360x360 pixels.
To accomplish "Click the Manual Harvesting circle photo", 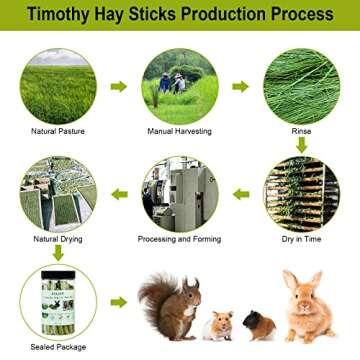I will [x=180, y=85].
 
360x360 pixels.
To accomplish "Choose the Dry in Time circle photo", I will [x=302, y=193].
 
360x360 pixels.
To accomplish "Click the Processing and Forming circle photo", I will [x=180, y=193].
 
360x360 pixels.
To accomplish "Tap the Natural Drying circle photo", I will [x=57, y=193].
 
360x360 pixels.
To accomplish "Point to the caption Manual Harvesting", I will [x=180, y=131].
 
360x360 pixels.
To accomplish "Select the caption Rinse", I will [x=302, y=131].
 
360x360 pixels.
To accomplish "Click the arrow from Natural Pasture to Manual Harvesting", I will [x=119, y=86].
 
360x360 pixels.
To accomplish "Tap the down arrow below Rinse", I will [x=302, y=146].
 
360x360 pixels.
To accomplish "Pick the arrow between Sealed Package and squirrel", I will [x=119, y=301].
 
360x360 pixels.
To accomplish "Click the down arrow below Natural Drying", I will [x=57, y=253].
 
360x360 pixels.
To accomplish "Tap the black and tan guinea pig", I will [x=259, y=325].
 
